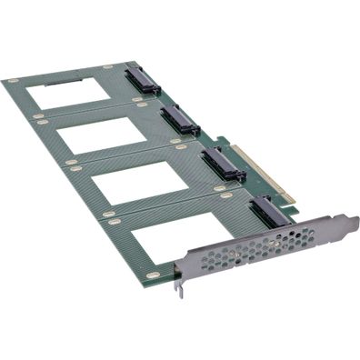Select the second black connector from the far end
(x=180, y=118)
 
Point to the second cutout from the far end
(x=102, y=135)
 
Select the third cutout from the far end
(x=139, y=181)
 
